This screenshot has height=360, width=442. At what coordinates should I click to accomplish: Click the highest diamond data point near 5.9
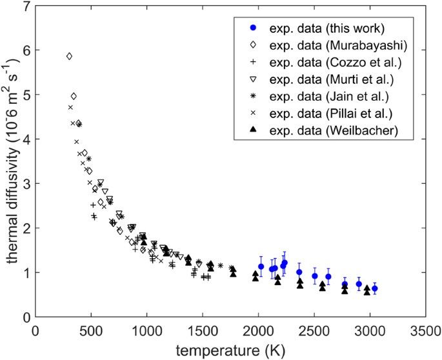[x=69, y=56]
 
